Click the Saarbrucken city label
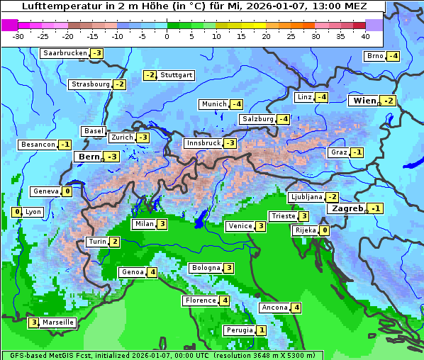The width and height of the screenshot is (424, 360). pyautogui.click(x=65, y=53)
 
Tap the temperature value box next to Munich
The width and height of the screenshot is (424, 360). pyautogui.click(x=237, y=104)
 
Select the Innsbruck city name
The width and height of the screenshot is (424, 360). pyautogui.click(x=203, y=143)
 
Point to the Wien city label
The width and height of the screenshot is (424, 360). pyautogui.click(x=364, y=101)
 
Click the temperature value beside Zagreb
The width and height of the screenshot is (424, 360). pyautogui.click(x=375, y=208)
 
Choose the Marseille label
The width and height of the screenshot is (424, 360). pyautogui.click(x=57, y=322)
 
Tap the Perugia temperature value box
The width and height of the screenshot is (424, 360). pyautogui.click(x=261, y=330)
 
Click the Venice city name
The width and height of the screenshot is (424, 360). pyautogui.click(x=240, y=226)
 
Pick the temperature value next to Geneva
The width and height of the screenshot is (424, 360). pyautogui.click(x=67, y=191)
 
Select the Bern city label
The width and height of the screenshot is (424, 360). pyautogui.click(x=89, y=157)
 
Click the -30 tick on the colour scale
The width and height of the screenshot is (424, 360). pyautogui.click(x=18, y=36)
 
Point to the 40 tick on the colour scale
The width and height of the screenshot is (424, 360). pyautogui.click(x=365, y=36)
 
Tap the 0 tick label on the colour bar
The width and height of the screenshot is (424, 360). pyautogui.click(x=167, y=36)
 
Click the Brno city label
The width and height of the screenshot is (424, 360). pyautogui.click(x=374, y=56)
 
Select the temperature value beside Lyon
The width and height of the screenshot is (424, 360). pyautogui.click(x=17, y=212)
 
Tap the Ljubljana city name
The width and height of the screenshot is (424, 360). pyautogui.click(x=306, y=197)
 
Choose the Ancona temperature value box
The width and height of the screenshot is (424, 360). pyautogui.click(x=296, y=308)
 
